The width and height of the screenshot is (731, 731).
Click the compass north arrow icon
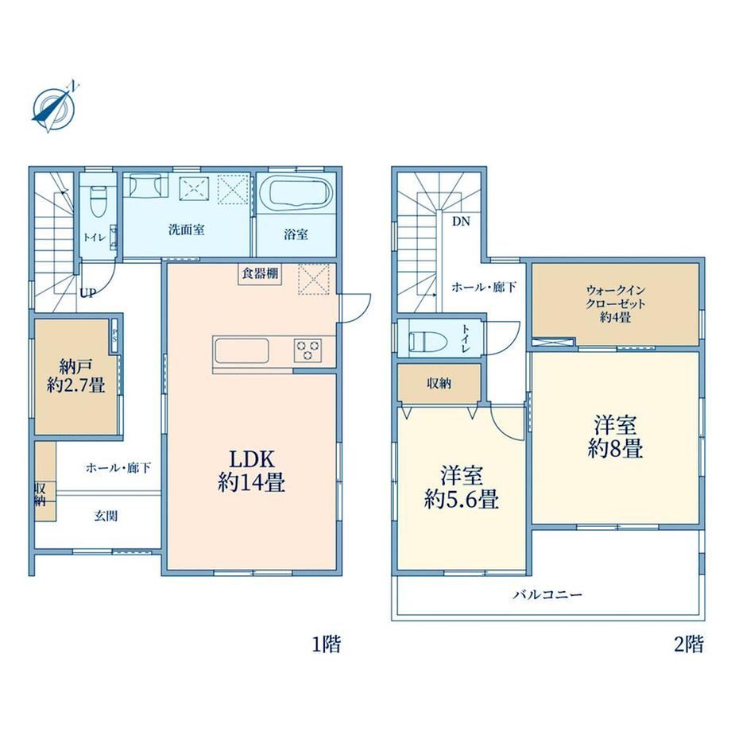[x=53, y=107]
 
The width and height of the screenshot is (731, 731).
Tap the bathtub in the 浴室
[x=295, y=191]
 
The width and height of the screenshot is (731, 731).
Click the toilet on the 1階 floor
[x=98, y=201]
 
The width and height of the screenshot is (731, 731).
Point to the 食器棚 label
[x=260, y=273]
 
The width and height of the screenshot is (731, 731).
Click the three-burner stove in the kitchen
[x=307, y=350]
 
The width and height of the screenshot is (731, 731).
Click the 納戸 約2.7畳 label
[x=75, y=375]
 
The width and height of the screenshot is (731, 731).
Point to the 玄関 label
[x=106, y=516]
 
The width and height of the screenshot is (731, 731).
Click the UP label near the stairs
[x=87, y=293]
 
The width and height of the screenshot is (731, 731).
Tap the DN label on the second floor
[x=461, y=222]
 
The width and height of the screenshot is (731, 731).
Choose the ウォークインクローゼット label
[x=615, y=304]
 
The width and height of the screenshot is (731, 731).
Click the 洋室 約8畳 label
[x=615, y=436]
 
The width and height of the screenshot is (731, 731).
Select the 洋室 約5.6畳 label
[x=462, y=487]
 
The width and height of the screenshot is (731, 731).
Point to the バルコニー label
[x=547, y=595]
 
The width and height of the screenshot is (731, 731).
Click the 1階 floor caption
[x=327, y=644]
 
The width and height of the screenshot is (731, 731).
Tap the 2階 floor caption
[x=689, y=644]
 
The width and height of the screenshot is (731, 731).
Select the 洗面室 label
[x=187, y=230]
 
